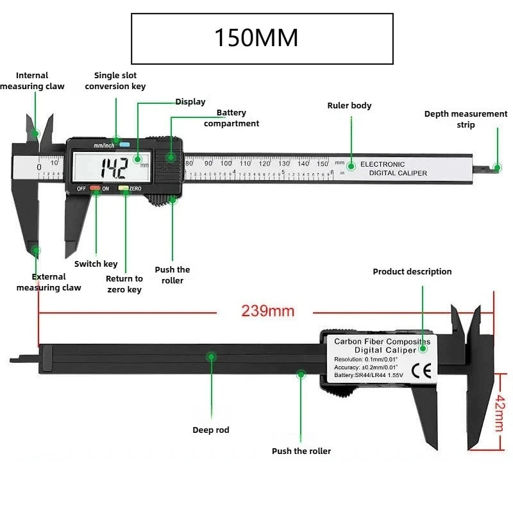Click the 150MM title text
click(256, 38)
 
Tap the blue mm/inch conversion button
click(124, 144)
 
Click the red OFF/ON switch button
click(95, 189)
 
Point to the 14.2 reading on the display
click(115, 168)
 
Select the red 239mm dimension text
click(267, 312)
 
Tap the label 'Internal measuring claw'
click(32, 81)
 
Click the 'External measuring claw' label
click(49, 282)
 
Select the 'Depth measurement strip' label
click(466, 119)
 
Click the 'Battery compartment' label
click(231, 118)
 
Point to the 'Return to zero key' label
click(124, 284)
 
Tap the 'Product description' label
click(412, 271)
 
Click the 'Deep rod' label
click(211, 430)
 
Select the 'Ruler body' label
click(349, 105)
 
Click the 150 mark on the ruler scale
click(322, 164)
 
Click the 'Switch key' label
click(96, 264)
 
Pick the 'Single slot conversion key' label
click(115, 81)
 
